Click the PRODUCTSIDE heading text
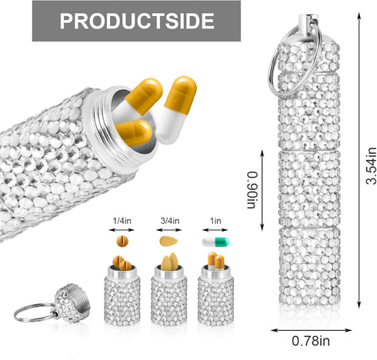pyautogui.click(x=137, y=21)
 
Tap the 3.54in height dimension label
pyautogui.click(x=371, y=165)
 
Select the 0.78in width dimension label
pyautogui.click(x=311, y=341)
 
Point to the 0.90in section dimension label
pyautogui.click(x=252, y=190)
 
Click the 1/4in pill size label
pyautogui.click(x=122, y=221)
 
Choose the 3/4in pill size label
pyautogui.click(x=170, y=221)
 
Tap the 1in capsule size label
pyautogui.click(x=215, y=221)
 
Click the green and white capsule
pyautogui.click(x=215, y=242)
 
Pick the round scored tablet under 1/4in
pyautogui.click(x=122, y=242)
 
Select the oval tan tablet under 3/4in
pyautogui.click(x=168, y=242)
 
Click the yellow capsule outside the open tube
pyautogui.click(x=176, y=109)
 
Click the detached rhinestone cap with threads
pyautogui.click(x=72, y=303)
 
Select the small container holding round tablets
pyautogui.click(x=122, y=295)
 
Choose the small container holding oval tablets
pyautogui.click(x=168, y=295)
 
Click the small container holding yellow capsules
pyautogui.click(x=215, y=295)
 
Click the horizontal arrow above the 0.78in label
pyautogui.click(x=312, y=330)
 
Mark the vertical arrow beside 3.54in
pyautogui.click(x=359, y=160)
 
